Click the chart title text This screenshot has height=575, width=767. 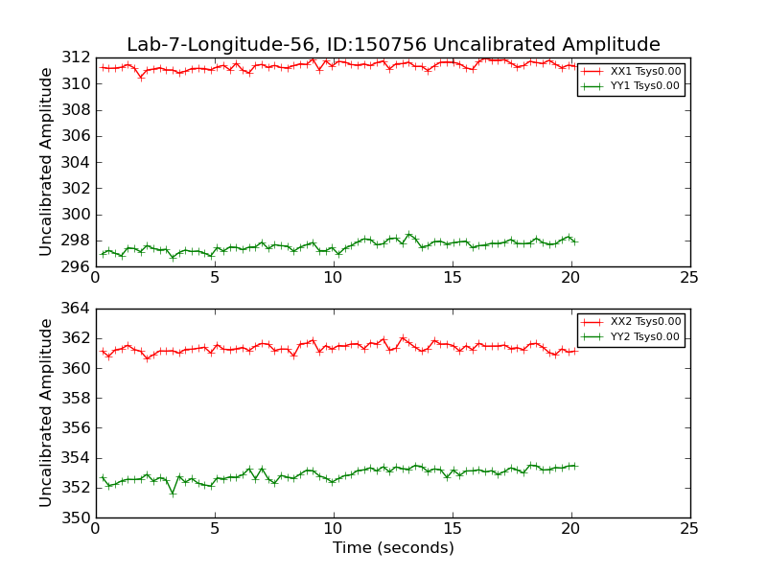pyautogui.click(x=393, y=45)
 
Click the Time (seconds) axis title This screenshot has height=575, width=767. pyautogui.click(x=393, y=548)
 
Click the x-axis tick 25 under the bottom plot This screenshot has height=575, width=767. pyautogui.click(x=689, y=529)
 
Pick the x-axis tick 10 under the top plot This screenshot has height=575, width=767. pyautogui.click(x=333, y=278)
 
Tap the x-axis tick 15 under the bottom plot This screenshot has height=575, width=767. pyautogui.click(x=452, y=529)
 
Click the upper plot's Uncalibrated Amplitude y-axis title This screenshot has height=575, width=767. pyautogui.click(x=46, y=162)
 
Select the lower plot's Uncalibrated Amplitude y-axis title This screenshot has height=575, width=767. pyautogui.click(x=46, y=413)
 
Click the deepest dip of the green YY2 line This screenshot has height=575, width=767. pyautogui.click(x=173, y=494)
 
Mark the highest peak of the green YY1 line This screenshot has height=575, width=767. pyautogui.click(x=408, y=234)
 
